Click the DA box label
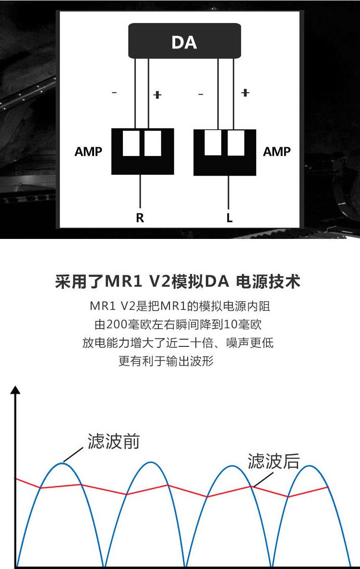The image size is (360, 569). coord(184,43)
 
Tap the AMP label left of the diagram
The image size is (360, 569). coord(88,152)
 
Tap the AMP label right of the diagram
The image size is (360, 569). coord(277,152)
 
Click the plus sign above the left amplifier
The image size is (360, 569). coord(157,95)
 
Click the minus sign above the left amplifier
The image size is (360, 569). coord(114,93)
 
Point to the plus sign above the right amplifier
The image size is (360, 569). coord(245,93)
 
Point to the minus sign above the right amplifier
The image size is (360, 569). coord(201,95)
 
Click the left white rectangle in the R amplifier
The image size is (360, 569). coord(131,143)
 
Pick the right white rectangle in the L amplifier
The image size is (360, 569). coord(236,143)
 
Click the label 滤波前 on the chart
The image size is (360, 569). coord(113,441)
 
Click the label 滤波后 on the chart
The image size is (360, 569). coord(274,461)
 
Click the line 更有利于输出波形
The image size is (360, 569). coord(166,361)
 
